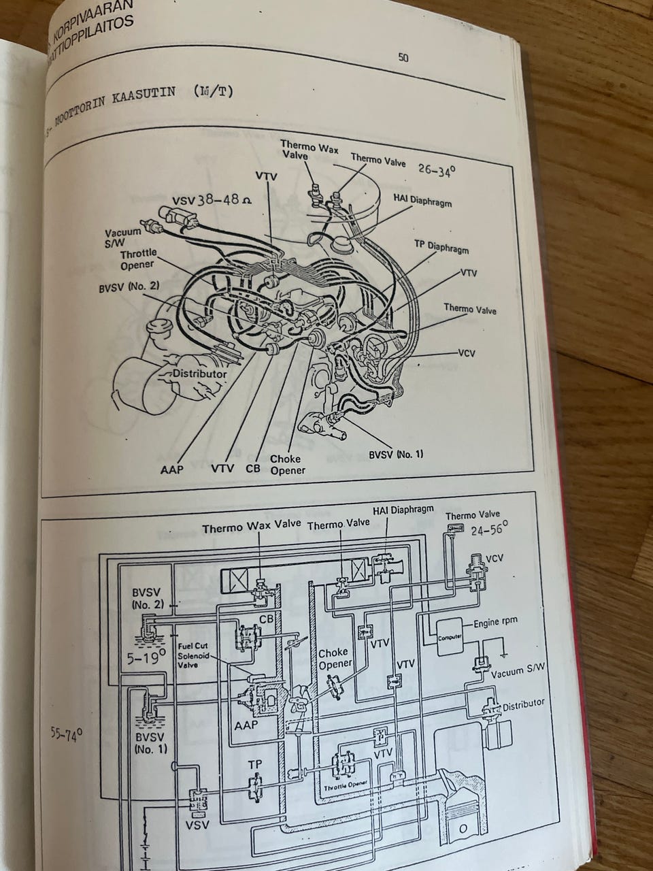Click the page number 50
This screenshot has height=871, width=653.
tap(403, 58)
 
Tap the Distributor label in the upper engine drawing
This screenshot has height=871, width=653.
tap(199, 373)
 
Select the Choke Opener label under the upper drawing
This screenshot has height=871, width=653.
tap(287, 464)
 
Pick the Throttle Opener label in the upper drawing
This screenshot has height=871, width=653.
tap(136, 259)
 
